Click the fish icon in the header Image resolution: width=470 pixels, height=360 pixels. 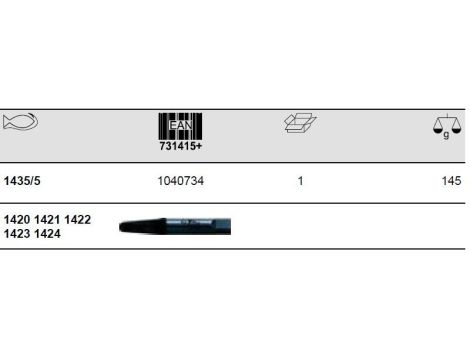20,121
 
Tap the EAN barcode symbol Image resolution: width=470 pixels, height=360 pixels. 180,126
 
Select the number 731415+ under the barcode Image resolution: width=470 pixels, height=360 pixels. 180,146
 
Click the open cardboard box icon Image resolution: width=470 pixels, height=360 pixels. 300,123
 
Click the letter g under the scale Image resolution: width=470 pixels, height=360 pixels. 446,135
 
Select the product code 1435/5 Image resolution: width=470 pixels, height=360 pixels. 22,181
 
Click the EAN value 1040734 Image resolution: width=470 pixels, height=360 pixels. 180,181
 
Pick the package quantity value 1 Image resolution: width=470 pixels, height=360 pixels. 300,181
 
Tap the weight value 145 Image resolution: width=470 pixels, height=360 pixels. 451,181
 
